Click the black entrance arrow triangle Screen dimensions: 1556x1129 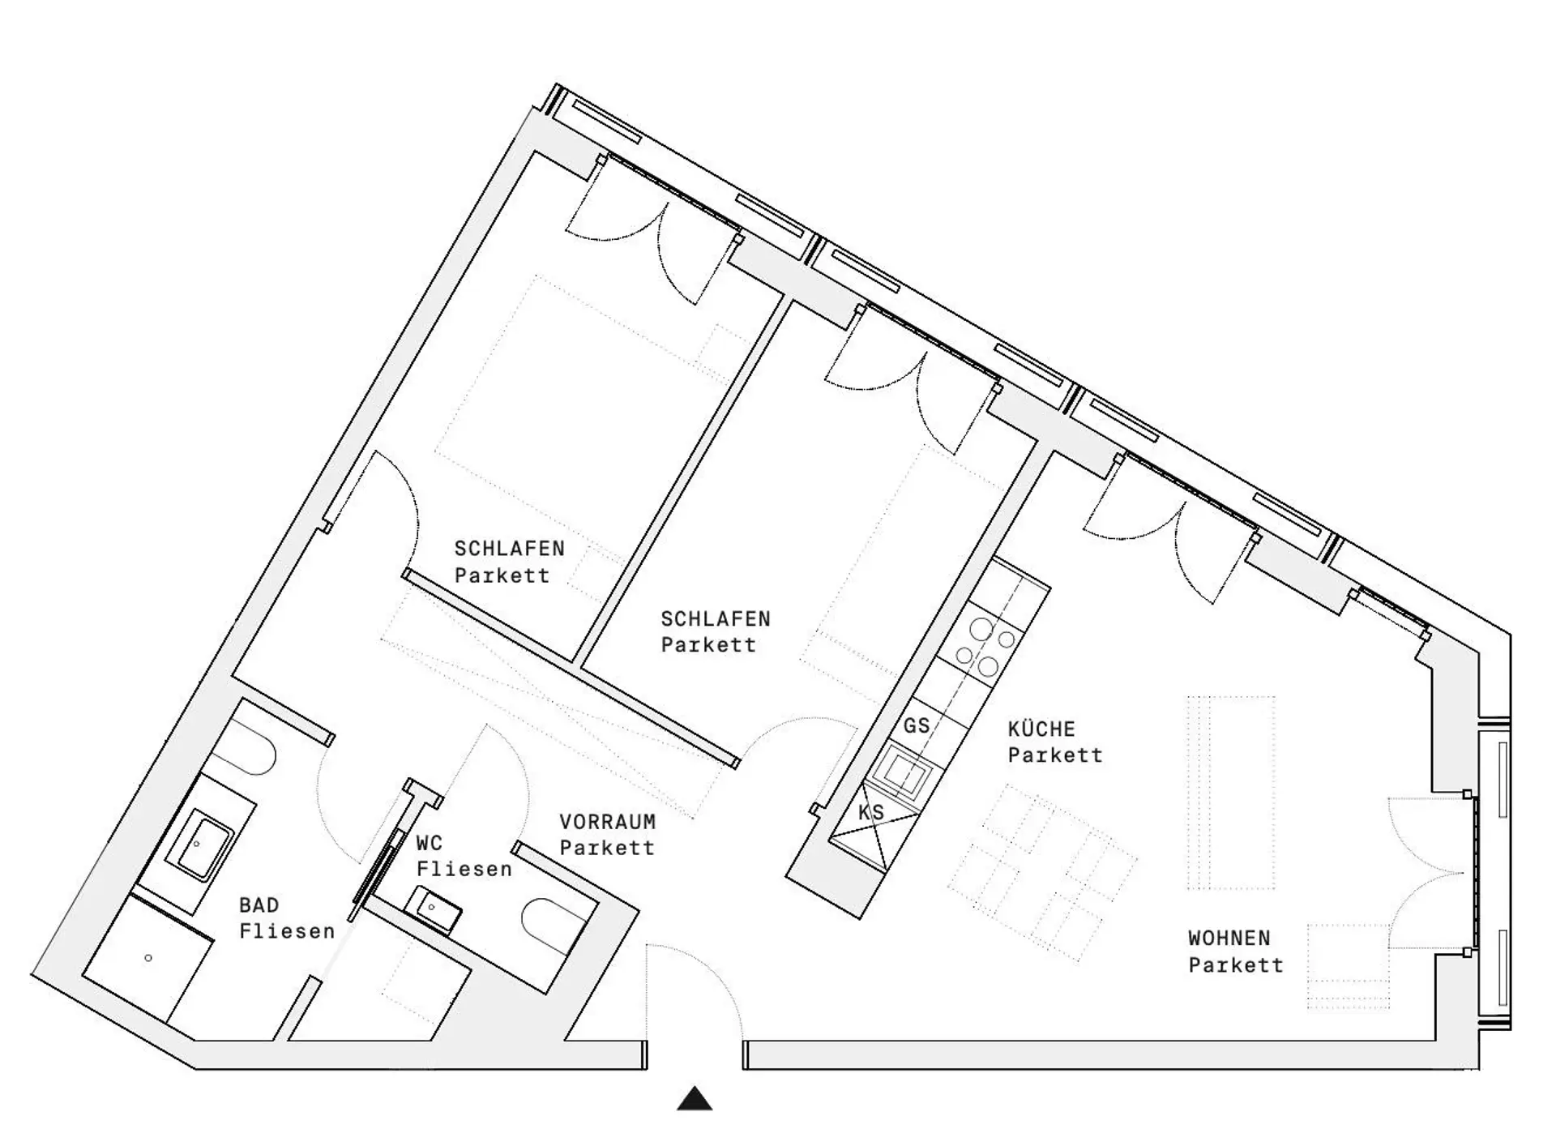[x=695, y=1099]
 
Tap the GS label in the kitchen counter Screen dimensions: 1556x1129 [x=917, y=725]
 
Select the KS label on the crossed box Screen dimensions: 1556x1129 [x=871, y=812]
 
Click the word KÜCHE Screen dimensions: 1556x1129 [x=1041, y=729]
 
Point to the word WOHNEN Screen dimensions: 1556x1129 [x=1229, y=939]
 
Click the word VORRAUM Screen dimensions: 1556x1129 [x=607, y=822]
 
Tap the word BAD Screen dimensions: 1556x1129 [x=259, y=904]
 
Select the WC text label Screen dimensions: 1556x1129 [x=430, y=843]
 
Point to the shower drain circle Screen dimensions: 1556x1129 [x=148, y=958]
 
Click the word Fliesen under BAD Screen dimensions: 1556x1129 [x=287, y=931]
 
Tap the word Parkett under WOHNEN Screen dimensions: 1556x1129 [x=1236, y=965]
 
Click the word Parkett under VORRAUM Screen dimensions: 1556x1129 [x=607, y=848]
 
